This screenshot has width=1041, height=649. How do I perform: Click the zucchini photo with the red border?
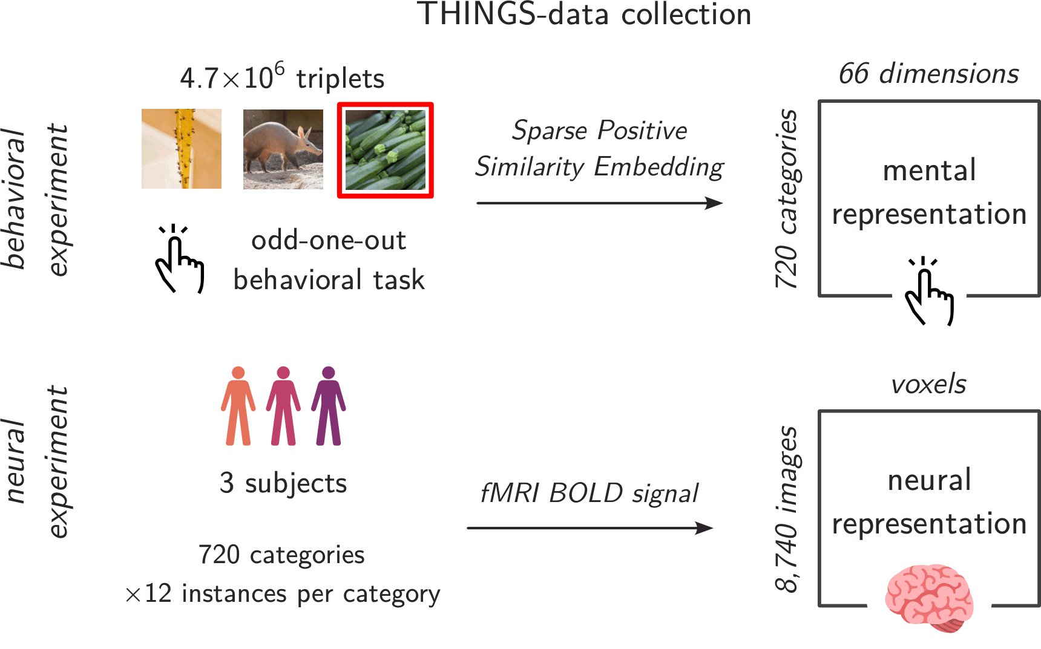coord(386,150)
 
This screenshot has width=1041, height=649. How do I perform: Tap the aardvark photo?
coord(283,149)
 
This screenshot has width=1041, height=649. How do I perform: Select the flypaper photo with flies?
coord(182,149)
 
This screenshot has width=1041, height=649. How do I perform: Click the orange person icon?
coord(238,406)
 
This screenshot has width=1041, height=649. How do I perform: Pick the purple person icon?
coord(329,406)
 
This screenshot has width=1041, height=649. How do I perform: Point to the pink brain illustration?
coord(929,598)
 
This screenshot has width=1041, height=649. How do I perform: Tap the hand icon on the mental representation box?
coord(929,292)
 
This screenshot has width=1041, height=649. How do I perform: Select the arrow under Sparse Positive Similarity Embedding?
coord(599,203)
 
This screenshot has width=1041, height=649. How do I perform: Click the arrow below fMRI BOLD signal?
coord(590,528)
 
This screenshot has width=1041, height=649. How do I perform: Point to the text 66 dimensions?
coord(928,74)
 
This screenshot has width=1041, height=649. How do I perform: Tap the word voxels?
coord(928,384)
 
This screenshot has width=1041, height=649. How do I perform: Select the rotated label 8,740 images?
coord(787,508)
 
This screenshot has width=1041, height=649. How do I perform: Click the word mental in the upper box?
coord(929,171)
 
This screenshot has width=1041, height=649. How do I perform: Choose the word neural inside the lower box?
coord(929,480)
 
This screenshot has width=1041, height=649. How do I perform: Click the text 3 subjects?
coord(283,483)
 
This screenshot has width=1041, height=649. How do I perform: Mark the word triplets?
coord(340,79)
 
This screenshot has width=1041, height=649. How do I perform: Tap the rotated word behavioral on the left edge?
coord(15,198)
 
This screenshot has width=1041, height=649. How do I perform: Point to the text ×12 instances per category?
coord(283,594)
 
